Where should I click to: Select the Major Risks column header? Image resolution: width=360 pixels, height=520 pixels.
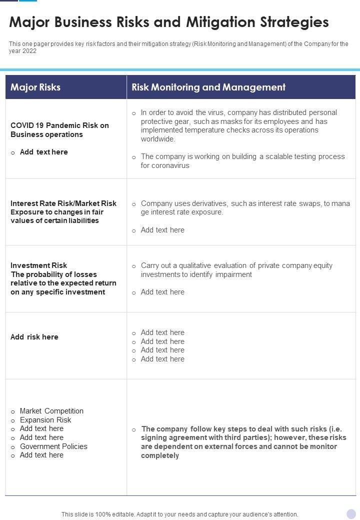(35, 87)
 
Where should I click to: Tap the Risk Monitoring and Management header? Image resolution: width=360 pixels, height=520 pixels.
(208, 87)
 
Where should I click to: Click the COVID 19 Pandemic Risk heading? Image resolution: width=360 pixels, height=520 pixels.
(59, 125)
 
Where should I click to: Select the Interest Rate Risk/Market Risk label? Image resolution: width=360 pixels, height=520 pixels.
(63, 203)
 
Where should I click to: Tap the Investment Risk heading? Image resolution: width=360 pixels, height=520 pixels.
(38, 265)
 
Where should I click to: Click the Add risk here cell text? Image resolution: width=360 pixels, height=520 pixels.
(34, 337)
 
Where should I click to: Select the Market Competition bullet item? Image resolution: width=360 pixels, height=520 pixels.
(51, 411)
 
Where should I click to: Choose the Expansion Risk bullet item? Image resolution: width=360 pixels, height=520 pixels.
(45, 420)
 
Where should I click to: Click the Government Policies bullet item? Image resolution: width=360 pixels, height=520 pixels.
(53, 446)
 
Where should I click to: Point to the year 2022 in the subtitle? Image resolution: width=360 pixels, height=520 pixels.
(29, 51)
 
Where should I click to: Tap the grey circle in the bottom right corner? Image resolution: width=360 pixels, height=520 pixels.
(351, 513)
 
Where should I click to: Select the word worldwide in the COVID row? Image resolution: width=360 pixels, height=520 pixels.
(158, 139)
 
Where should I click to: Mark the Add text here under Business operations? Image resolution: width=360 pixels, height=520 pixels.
(44, 152)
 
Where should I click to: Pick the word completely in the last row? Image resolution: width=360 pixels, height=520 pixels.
(160, 455)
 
